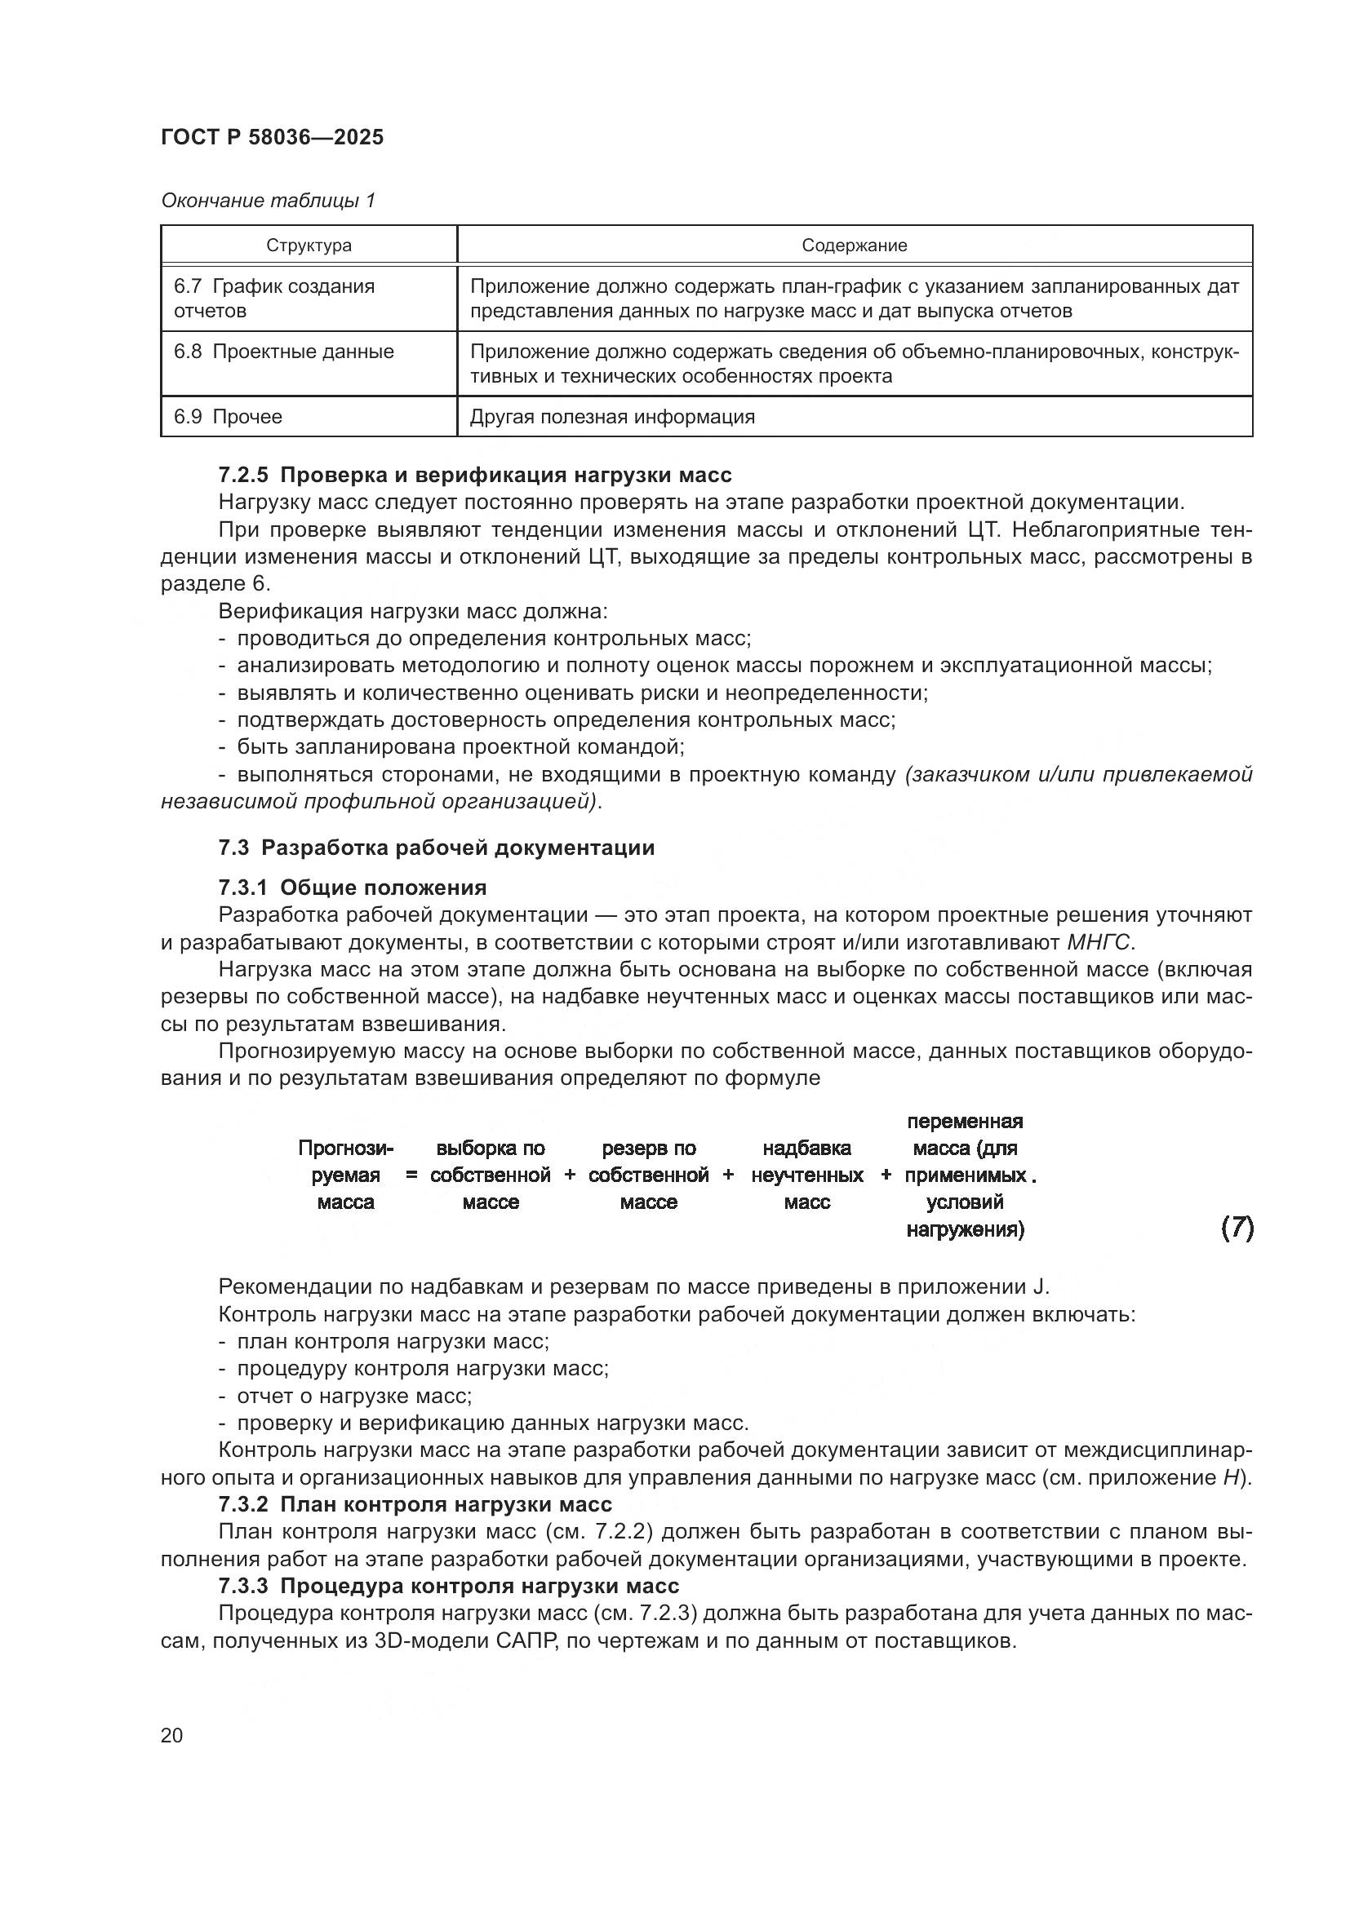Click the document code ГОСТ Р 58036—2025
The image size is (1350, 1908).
272,138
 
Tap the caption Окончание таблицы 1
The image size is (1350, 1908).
268,201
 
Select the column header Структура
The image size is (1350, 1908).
309,246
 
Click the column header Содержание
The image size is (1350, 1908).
854,246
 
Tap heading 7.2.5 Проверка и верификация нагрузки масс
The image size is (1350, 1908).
475,476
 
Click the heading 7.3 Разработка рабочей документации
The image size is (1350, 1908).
437,848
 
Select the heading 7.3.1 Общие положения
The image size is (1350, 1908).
353,888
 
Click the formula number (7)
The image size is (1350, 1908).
1236,1228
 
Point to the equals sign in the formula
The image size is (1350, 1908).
411,1175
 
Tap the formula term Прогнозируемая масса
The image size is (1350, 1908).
346,1175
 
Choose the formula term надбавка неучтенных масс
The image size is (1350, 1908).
806,1175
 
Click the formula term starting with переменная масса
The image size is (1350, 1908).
964,1175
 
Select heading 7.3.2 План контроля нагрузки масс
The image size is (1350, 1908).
415,1504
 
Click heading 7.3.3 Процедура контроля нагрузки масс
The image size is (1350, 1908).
448,1586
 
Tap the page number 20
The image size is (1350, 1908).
172,1735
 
